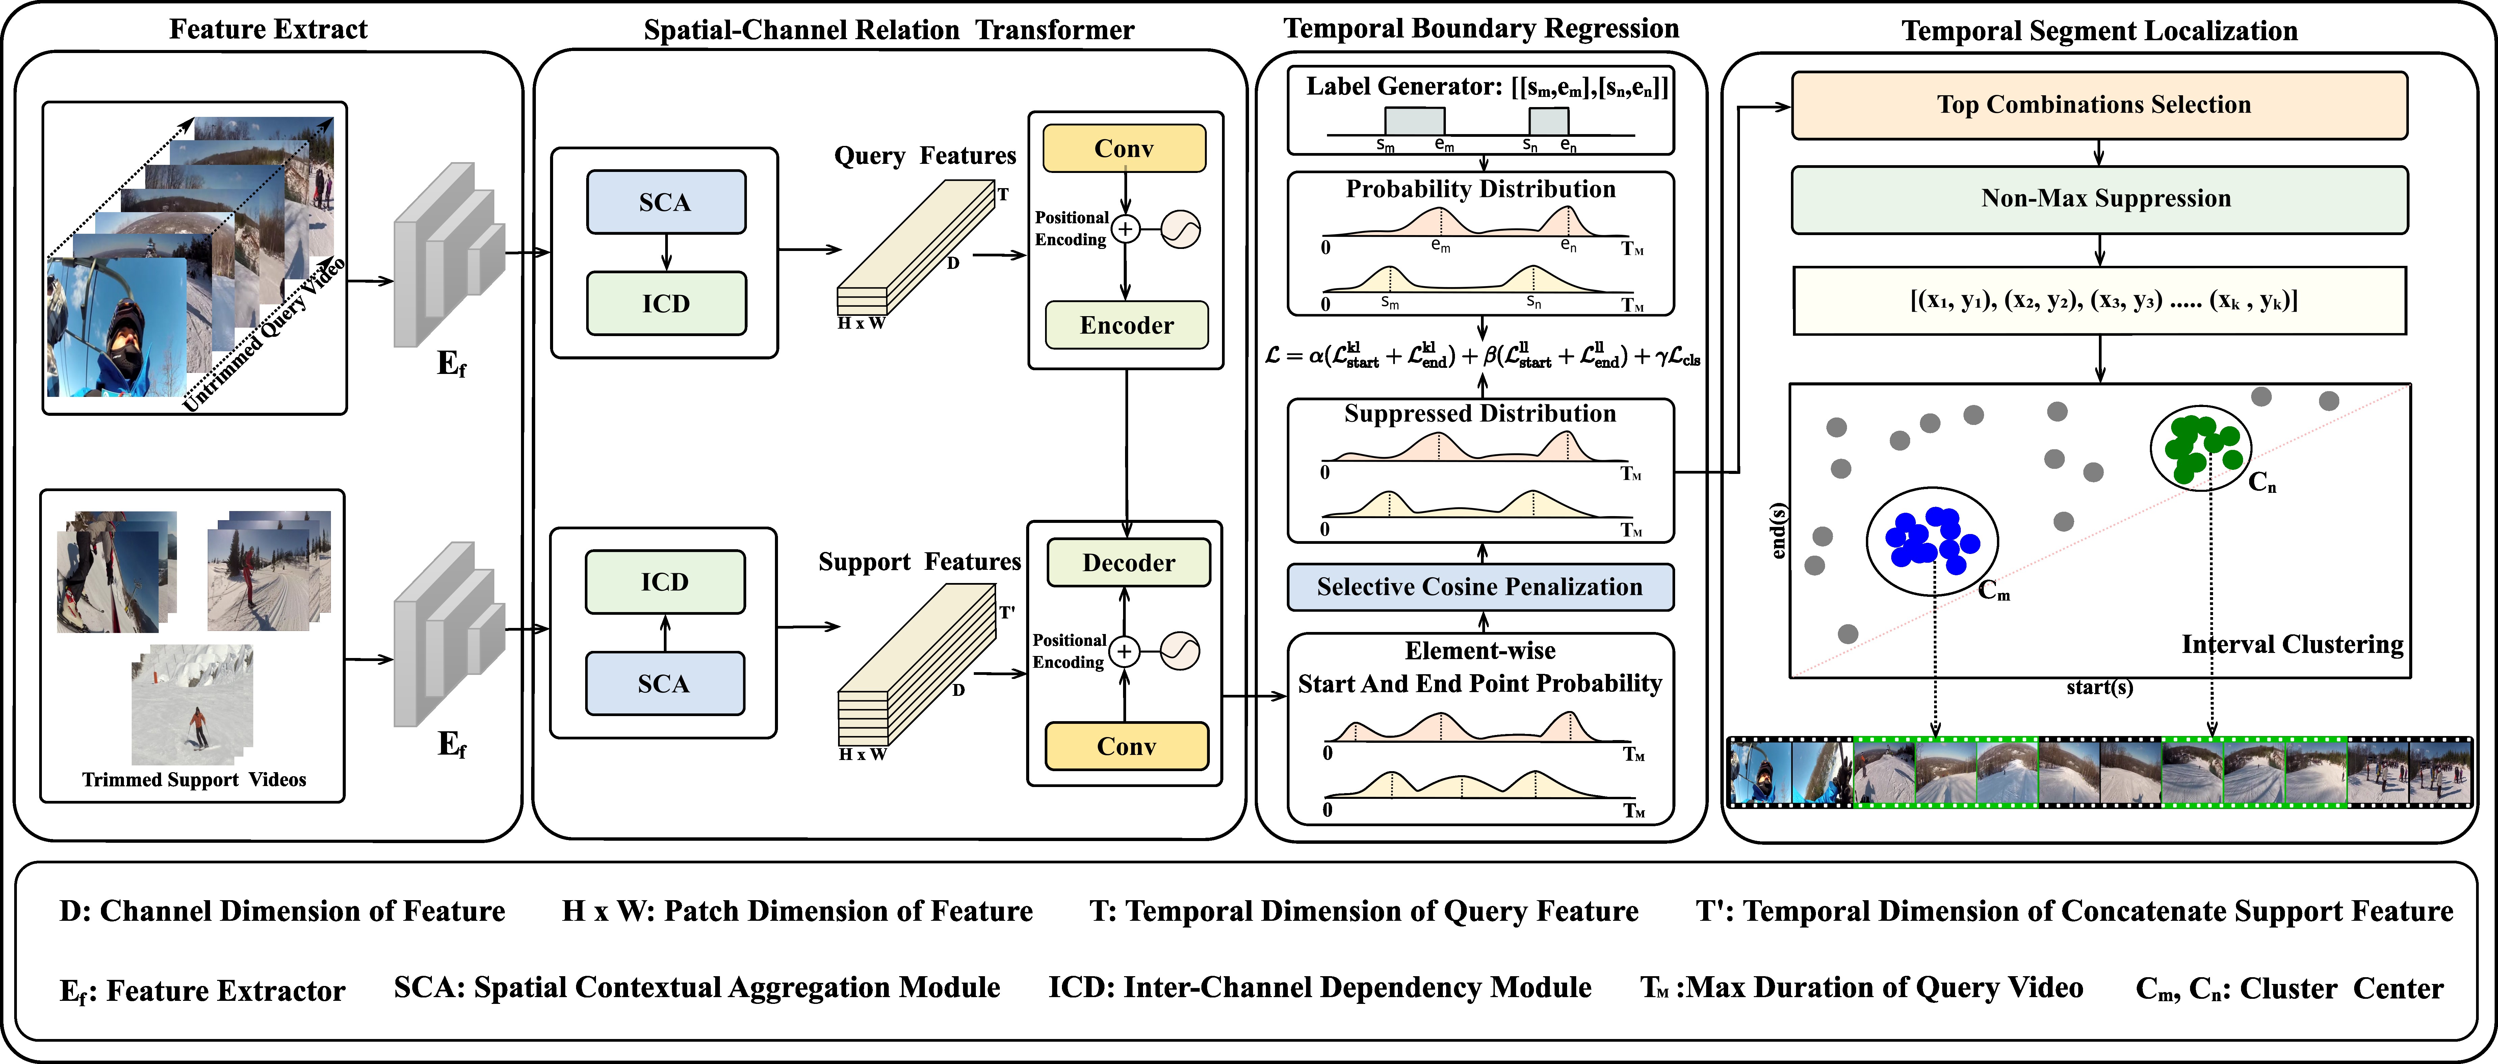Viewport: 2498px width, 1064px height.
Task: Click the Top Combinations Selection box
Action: click(2099, 105)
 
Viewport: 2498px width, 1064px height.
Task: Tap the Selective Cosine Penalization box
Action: click(1480, 587)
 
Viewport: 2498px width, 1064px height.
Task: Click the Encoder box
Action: click(1126, 325)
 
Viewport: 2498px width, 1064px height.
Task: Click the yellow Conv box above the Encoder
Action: click(1124, 148)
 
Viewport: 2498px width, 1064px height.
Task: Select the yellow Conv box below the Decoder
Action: click(1126, 746)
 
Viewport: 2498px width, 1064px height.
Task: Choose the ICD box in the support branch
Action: click(665, 582)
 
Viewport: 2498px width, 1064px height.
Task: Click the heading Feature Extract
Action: click(269, 29)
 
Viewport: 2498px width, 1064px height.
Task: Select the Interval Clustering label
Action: click(2292, 644)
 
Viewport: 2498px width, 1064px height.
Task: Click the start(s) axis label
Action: click(2099, 688)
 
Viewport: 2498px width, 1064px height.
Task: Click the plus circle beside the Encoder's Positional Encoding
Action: click(1125, 229)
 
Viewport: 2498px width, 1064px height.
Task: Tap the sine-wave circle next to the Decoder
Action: click(1180, 651)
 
